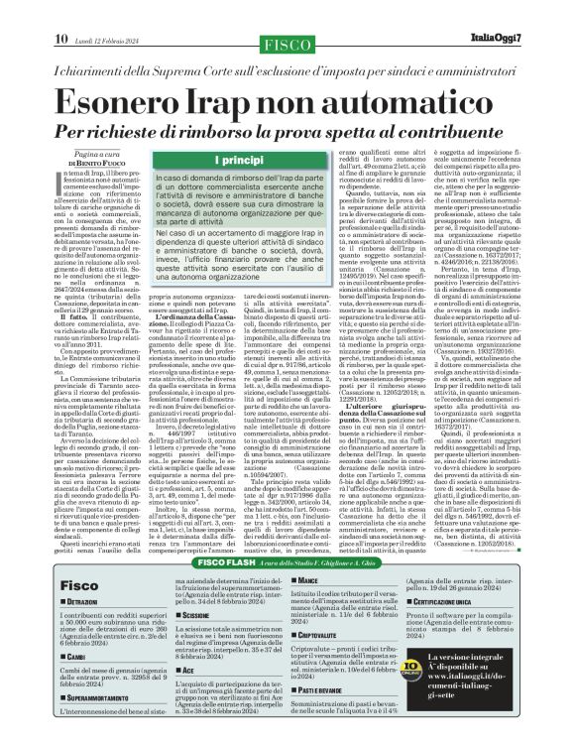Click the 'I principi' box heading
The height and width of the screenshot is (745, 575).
point(223,160)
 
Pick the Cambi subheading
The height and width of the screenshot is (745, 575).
point(80,656)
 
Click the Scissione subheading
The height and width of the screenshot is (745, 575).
point(202,588)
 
